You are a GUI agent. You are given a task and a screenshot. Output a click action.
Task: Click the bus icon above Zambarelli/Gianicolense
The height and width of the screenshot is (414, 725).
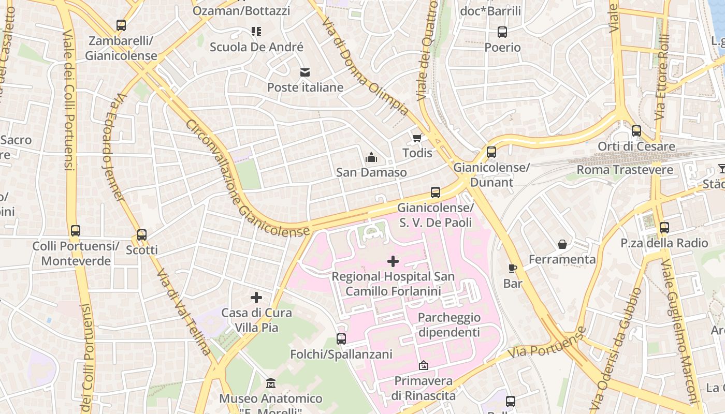tap(121, 25)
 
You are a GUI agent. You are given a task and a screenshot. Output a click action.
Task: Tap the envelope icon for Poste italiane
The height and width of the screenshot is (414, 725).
tap(305, 72)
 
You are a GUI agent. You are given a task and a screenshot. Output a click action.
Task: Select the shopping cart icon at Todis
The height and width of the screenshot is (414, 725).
tap(417, 138)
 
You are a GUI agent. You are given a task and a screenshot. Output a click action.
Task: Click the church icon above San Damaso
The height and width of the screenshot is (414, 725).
tap(371, 157)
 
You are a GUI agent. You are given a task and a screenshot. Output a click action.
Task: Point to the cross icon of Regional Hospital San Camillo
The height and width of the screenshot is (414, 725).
tap(393, 261)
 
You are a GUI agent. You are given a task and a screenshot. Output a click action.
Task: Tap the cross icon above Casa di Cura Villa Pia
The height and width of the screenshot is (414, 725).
tap(256, 298)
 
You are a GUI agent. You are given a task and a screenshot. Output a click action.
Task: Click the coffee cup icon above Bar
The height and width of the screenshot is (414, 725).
tap(513, 268)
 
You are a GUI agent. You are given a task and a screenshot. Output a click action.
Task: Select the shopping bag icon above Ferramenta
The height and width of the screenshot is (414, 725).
tap(562, 244)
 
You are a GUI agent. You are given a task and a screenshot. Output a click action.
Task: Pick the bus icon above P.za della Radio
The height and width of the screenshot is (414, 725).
tap(664, 228)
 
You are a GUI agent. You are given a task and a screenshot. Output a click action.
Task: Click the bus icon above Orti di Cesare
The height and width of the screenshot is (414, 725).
tap(636, 131)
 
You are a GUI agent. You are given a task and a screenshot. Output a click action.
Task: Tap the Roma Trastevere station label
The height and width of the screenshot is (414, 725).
tap(625, 170)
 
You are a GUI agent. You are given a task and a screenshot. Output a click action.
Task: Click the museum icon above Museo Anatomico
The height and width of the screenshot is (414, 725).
tap(270, 383)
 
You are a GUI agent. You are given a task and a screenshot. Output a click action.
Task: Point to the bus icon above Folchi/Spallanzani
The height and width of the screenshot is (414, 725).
tap(341, 339)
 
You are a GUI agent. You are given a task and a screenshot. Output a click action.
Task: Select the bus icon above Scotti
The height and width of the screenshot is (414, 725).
tap(142, 234)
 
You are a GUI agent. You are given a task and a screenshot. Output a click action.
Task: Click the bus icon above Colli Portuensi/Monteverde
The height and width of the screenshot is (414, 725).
tap(76, 231)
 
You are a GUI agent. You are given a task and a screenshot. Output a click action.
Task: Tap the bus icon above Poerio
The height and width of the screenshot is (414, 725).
tap(502, 32)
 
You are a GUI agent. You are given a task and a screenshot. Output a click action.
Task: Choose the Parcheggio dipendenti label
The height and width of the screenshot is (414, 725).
tap(449, 324)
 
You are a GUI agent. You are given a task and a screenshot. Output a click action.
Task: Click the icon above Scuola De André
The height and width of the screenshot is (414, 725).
tap(256, 32)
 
